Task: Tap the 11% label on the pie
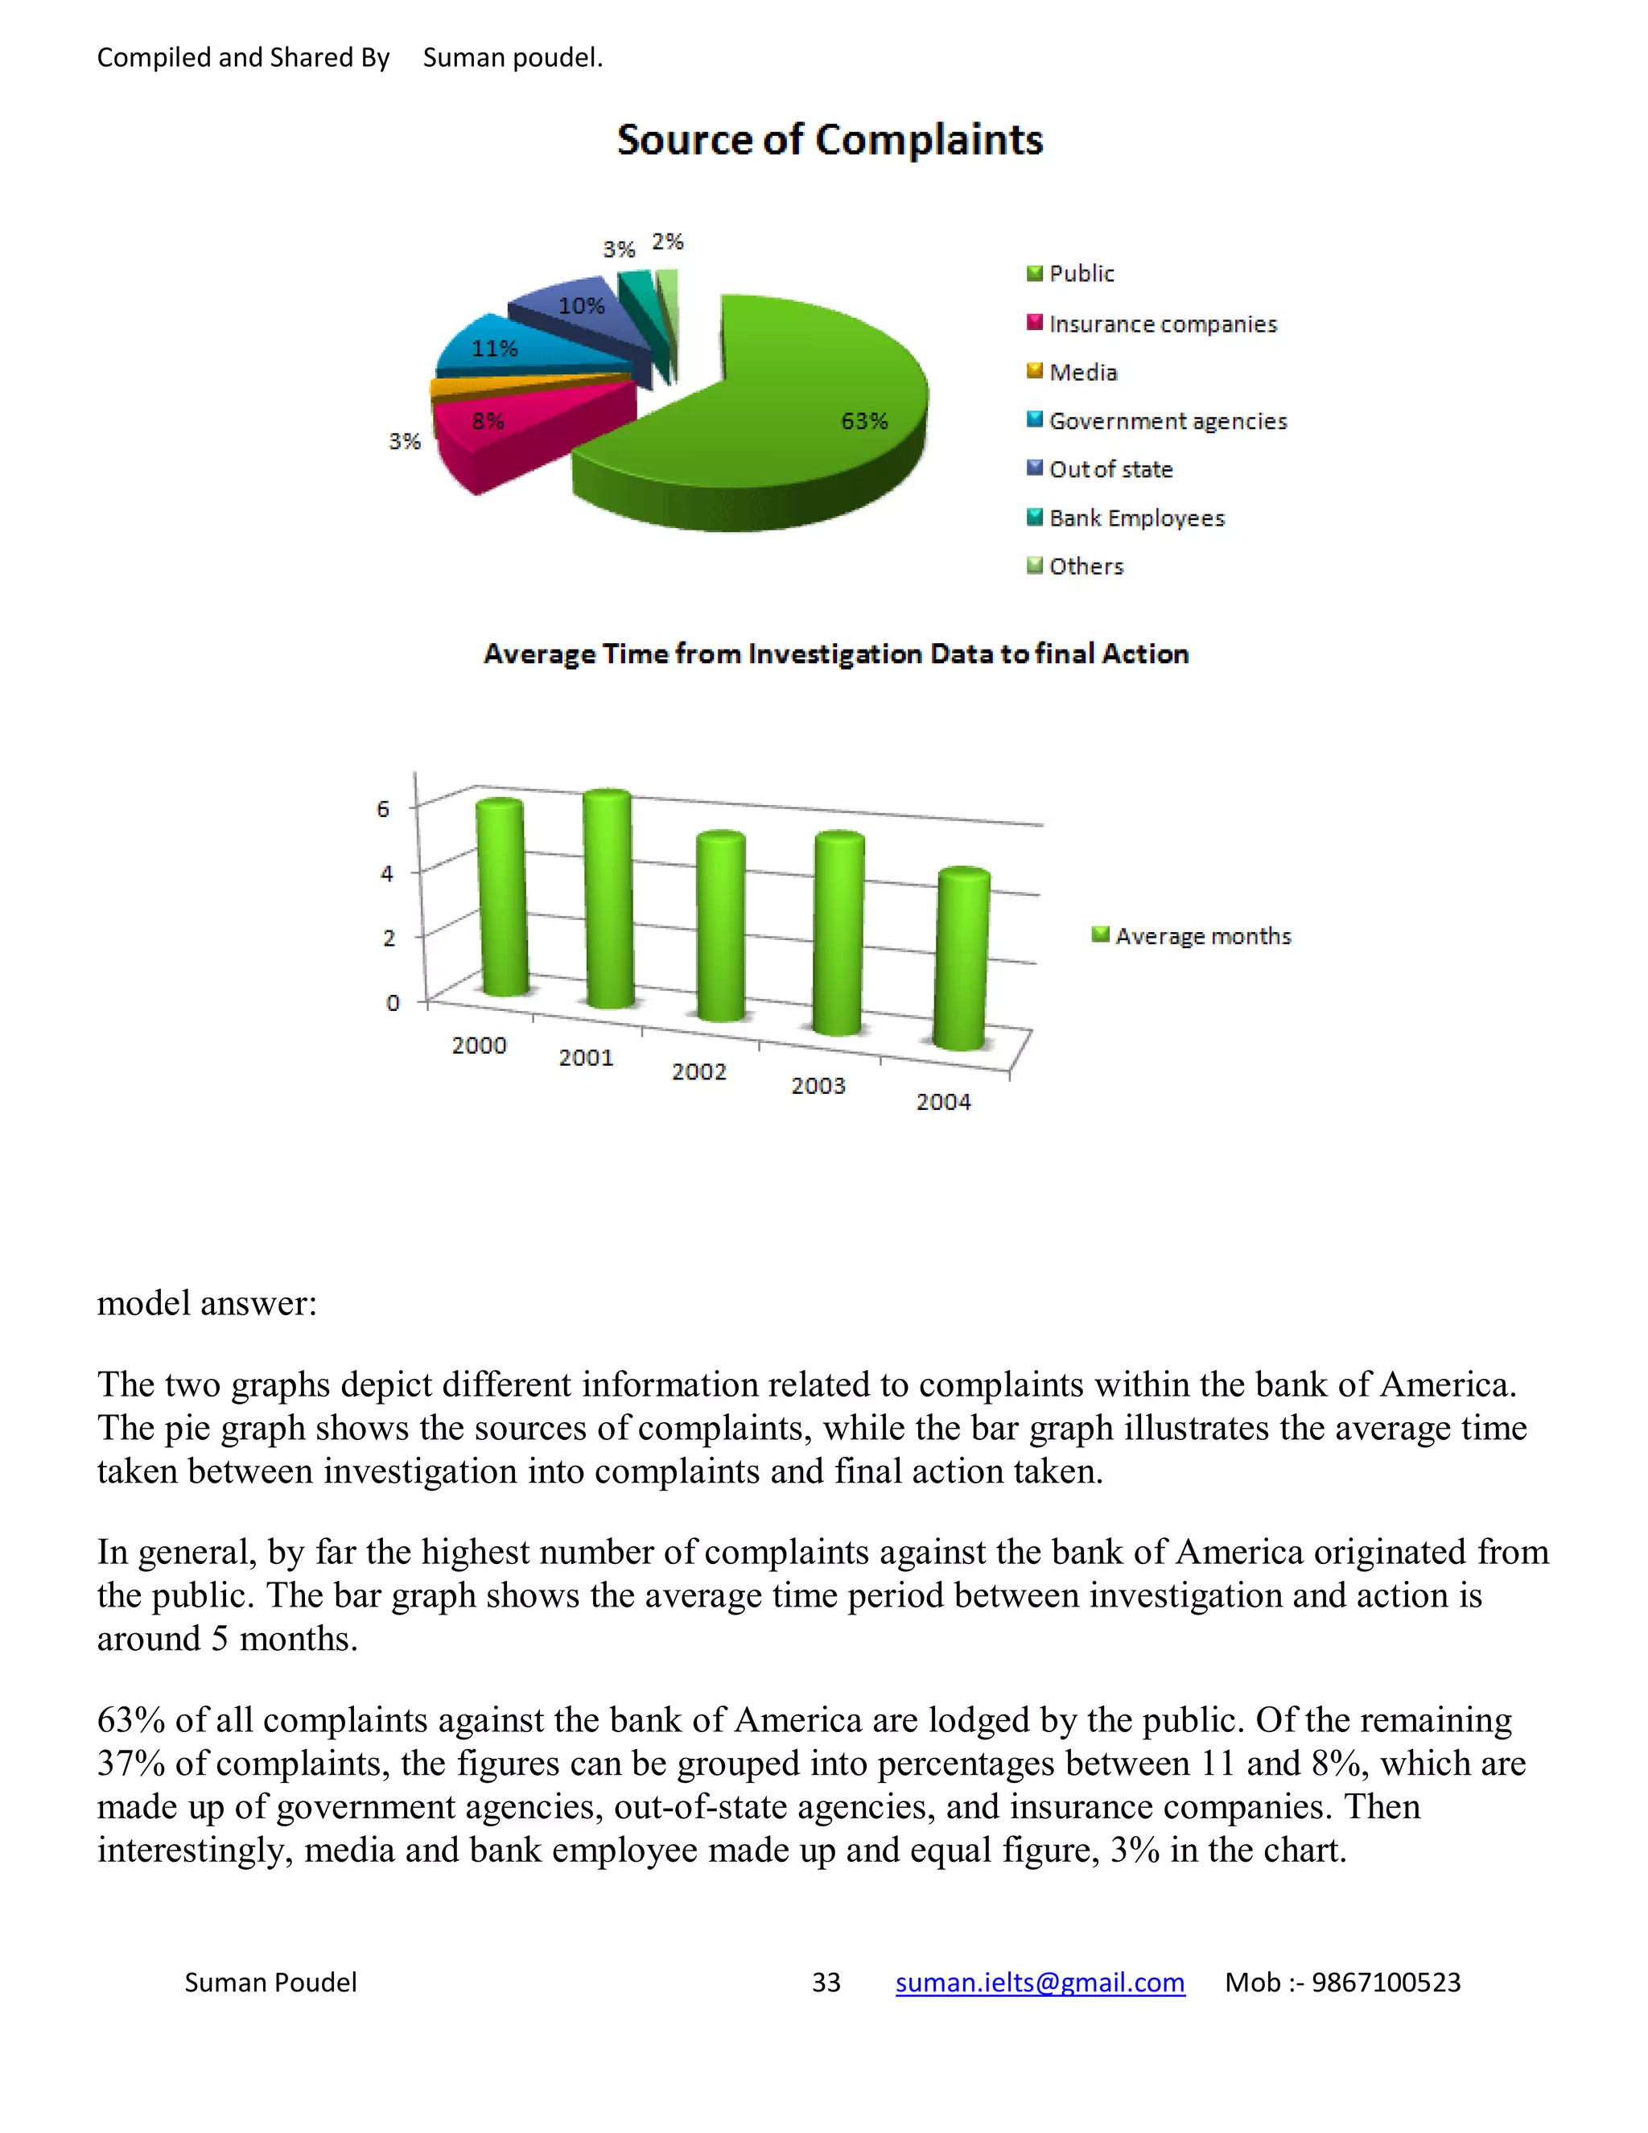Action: (x=494, y=349)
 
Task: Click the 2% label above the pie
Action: (x=668, y=241)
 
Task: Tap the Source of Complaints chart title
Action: (x=830, y=140)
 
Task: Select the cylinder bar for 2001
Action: (x=608, y=898)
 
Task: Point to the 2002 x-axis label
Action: (x=699, y=1071)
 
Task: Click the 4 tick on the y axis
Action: (x=386, y=873)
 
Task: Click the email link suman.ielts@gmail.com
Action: (x=1040, y=1982)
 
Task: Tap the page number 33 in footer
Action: (x=826, y=1982)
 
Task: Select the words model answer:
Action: (x=207, y=1303)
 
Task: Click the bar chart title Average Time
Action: (x=836, y=654)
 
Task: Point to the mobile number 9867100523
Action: (x=1386, y=1982)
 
